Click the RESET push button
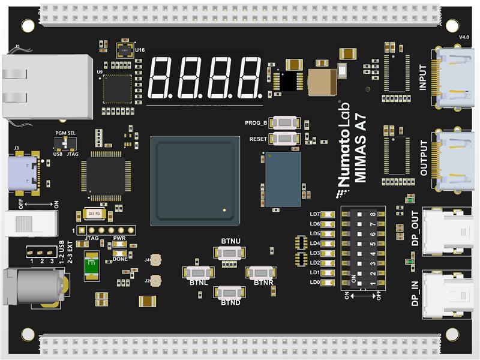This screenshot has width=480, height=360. [x=284, y=139]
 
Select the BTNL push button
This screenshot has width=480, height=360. [x=199, y=272]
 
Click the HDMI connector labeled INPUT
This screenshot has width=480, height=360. [x=455, y=78]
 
